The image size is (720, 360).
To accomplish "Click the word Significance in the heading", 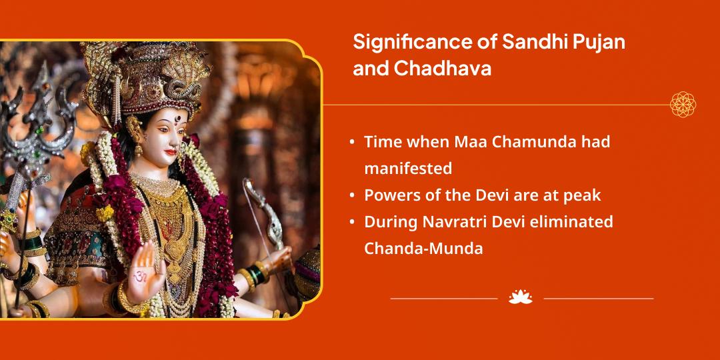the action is click(x=410, y=43).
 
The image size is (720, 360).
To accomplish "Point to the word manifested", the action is click(x=408, y=169).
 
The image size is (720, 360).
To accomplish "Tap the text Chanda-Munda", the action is click(x=423, y=249).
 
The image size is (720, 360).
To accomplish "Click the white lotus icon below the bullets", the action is click(x=520, y=297).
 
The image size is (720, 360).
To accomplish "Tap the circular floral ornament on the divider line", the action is click(x=683, y=104).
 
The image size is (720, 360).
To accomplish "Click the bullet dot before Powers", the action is click(x=352, y=195).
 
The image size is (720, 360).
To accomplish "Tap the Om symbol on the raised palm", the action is click(x=141, y=277).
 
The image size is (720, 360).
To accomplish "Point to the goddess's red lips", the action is click(x=171, y=152).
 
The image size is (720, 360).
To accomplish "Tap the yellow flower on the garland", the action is click(x=105, y=213).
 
